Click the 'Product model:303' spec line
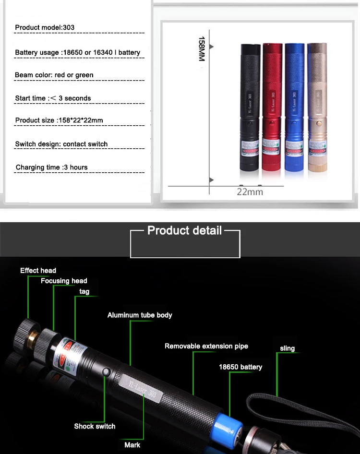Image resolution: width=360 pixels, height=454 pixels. [x=45, y=27]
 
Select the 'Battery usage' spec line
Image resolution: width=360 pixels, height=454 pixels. [x=78, y=52]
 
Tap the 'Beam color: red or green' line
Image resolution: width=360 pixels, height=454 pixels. [x=54, y=75]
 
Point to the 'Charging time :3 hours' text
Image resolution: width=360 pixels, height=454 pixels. [x=51, y=167]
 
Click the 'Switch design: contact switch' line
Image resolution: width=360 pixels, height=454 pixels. [x=61, y=144]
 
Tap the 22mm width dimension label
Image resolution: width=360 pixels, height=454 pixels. [x=250, y=191]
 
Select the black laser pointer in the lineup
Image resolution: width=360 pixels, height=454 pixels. [x=250, y=108]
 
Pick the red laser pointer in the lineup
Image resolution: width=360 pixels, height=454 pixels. [x=272, y=108]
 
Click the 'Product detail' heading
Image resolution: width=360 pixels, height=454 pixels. [x=184, y=230]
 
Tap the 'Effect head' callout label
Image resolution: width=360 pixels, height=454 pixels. [x=38, y=271]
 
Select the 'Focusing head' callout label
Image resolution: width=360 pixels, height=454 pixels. [x=64, y=281]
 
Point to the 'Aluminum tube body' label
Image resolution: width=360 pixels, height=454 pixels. [x=140, y=315]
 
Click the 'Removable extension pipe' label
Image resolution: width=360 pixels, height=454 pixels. [x=206, y=346]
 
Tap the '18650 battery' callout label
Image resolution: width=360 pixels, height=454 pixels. [x=240, y=367]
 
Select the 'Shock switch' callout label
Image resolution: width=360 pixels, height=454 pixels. [x=95, y=426]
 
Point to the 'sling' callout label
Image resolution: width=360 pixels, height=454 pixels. [x=287, y=348]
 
